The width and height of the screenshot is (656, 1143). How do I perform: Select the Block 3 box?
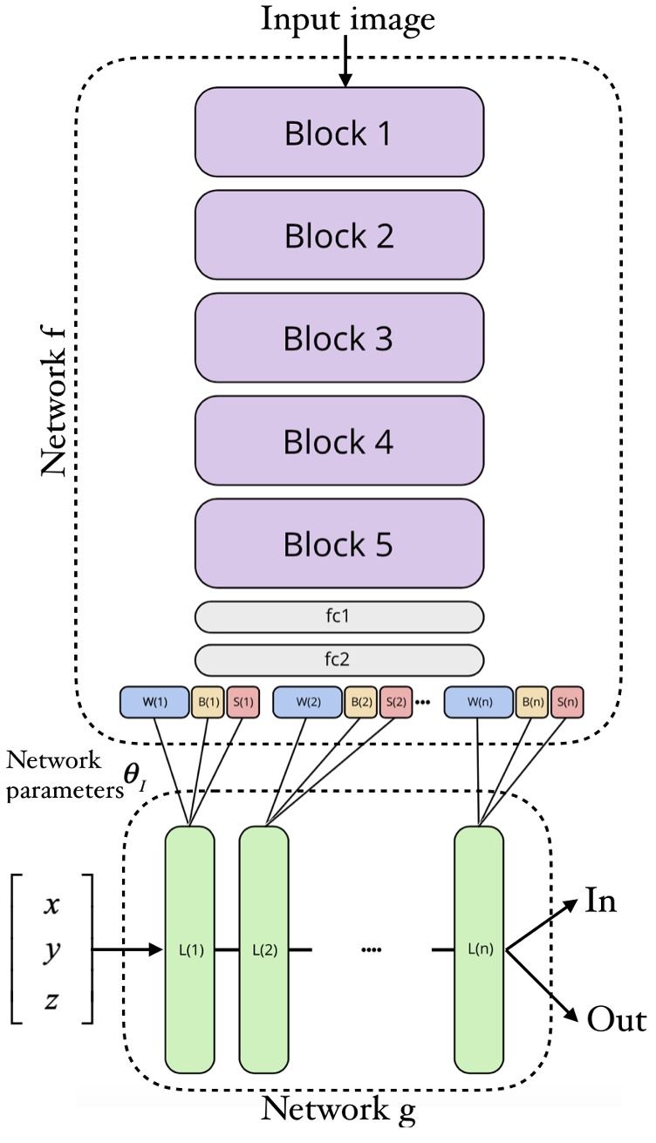338,338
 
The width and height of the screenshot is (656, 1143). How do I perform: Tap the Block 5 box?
338,544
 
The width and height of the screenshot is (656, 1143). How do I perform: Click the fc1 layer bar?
338,616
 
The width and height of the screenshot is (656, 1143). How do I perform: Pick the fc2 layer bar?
338,660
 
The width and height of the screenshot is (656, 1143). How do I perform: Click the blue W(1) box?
154,701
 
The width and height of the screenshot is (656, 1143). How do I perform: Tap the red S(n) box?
568,701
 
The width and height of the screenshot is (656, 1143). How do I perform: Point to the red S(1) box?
243,701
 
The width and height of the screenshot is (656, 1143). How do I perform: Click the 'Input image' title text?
346,19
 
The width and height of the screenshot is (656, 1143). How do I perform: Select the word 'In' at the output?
601,901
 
